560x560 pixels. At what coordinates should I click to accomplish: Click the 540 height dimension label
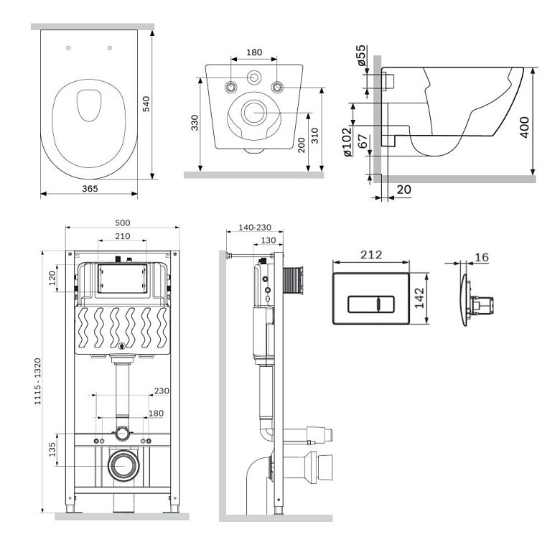coord(146,104)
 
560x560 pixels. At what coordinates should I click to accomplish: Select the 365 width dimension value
coord(90,189)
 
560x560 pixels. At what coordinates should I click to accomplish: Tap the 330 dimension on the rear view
coord(195,122)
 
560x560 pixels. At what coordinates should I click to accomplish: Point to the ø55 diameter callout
coord(361,55)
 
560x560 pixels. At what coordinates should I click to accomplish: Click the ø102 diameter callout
coord(347,142)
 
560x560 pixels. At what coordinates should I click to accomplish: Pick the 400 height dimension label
coord(524,127)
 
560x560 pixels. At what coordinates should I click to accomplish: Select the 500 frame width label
coord(123,223)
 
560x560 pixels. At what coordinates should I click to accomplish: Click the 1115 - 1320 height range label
coord(37,381)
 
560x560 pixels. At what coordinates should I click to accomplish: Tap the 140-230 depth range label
coord(255,227)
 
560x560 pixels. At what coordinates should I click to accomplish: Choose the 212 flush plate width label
coord(371,255)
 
